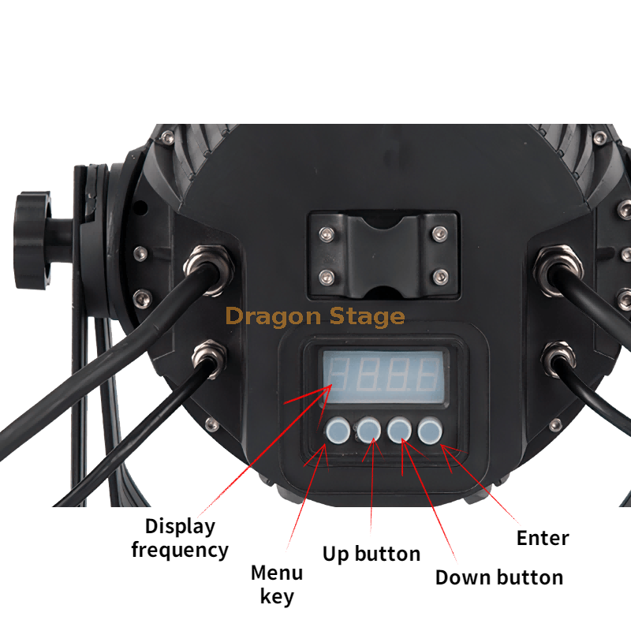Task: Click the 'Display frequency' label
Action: coord(180,538)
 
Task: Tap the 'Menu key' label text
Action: coord(277,584)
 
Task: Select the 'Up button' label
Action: coord(371,554)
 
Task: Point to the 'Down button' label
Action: coord(498,577)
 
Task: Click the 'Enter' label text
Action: coord(543,539)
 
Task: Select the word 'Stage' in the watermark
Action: coord(364,317)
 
